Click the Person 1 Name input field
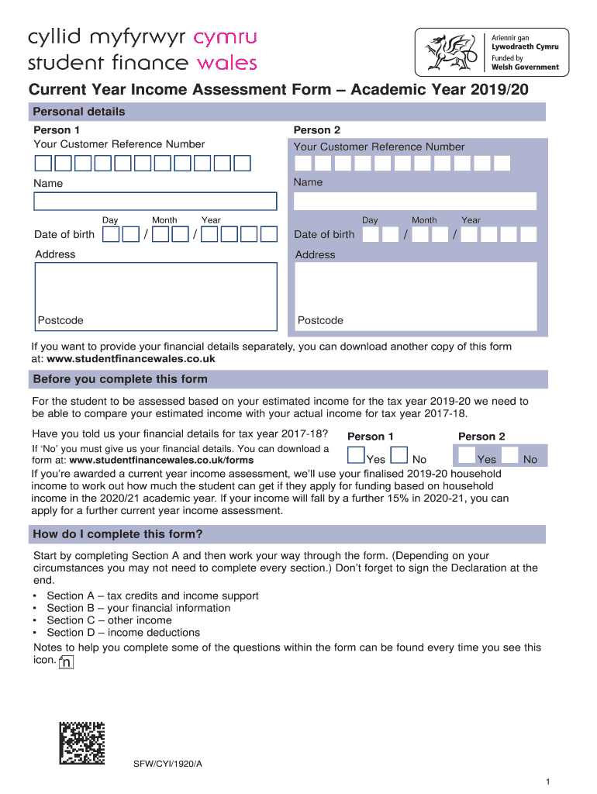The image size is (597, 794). (155, 202)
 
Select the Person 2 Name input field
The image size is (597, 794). (415, 201)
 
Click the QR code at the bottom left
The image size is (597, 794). (82, 744)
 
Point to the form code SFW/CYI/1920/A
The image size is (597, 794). (167, 764)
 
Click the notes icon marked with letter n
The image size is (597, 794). (67, 662)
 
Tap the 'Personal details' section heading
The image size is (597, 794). (78, 112)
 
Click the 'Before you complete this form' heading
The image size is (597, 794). (119, 379)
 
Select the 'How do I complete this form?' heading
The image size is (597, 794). (117, 534)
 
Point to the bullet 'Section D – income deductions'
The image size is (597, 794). (123, 633)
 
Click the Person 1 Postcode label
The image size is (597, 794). (60, 320)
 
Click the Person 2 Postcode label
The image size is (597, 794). (320, 320)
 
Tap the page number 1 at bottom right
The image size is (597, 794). (547, 782)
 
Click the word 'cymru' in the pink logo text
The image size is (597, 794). (225, 37)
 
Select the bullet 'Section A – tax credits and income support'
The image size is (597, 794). (153, 595)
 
